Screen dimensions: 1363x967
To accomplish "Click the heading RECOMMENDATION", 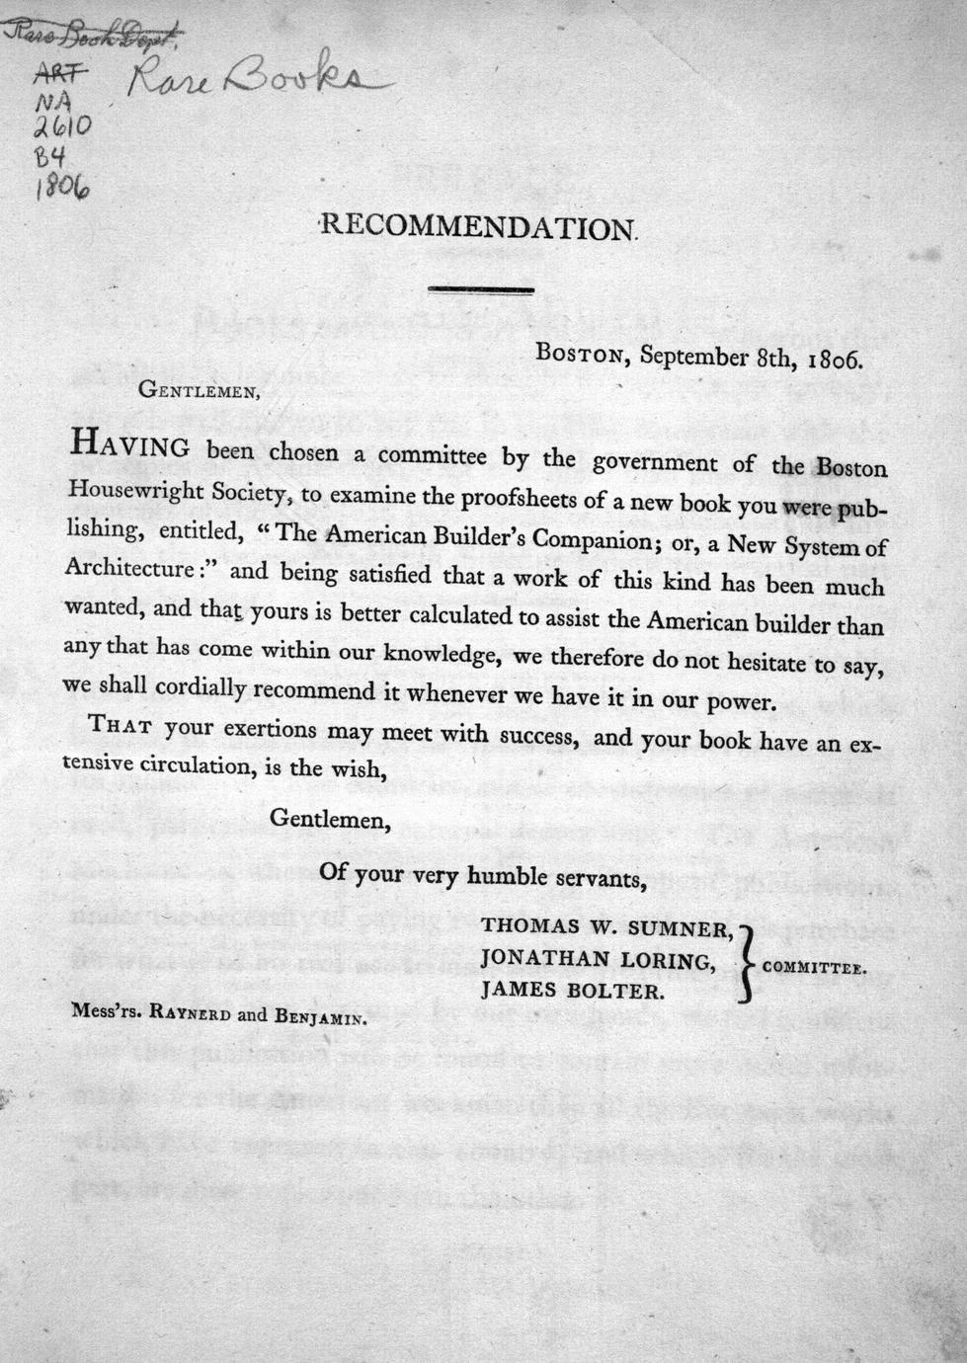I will (482, 227).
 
